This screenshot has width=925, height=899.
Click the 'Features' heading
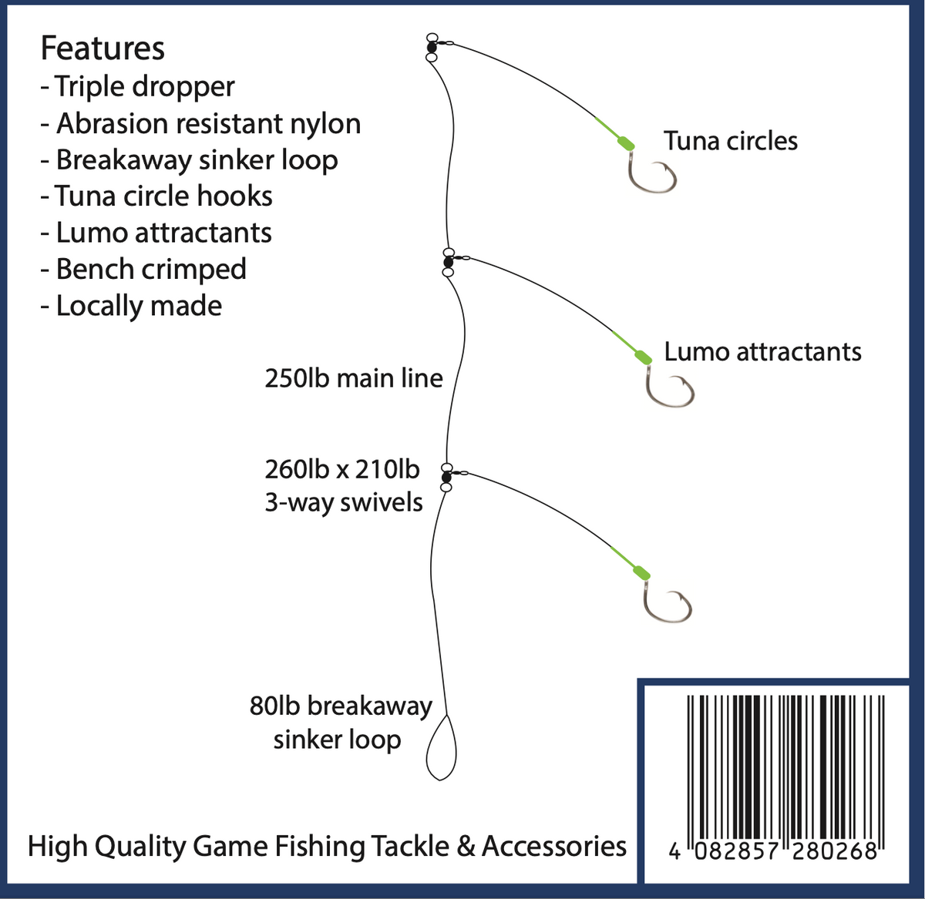point(103,49)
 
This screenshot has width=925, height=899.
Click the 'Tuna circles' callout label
point(730,141)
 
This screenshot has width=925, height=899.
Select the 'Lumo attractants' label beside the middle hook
point(762,352)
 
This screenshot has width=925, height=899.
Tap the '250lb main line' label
point(353,378)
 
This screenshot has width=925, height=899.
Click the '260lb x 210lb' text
point(342,469)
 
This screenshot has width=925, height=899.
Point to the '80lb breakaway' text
point(341,706)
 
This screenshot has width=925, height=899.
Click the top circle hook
point(652,174)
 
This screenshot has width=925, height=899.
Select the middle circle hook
point(669,389)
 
